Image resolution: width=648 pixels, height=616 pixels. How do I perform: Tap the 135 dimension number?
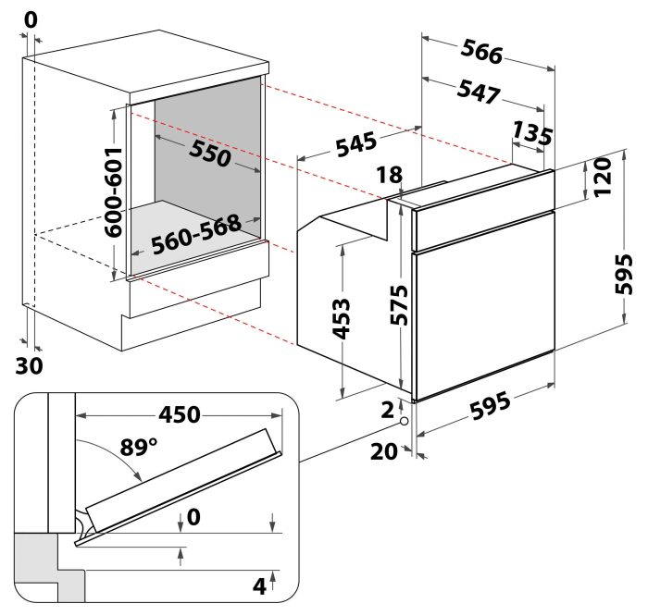(531, 133)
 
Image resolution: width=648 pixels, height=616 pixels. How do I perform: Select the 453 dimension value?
(342, 316)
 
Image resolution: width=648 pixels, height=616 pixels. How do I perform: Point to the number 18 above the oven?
(390, 175)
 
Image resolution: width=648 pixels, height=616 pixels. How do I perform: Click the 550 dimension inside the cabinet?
(209, 154)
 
